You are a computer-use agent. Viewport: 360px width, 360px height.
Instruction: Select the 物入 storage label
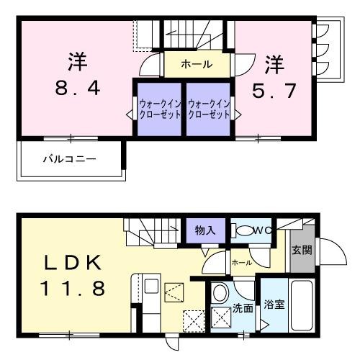coord(204,230)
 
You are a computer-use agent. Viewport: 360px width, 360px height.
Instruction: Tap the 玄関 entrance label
coord(301,251)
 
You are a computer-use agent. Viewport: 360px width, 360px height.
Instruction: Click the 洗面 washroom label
coord(241,308)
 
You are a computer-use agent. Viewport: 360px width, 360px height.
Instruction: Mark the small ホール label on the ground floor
coord(241,263)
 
